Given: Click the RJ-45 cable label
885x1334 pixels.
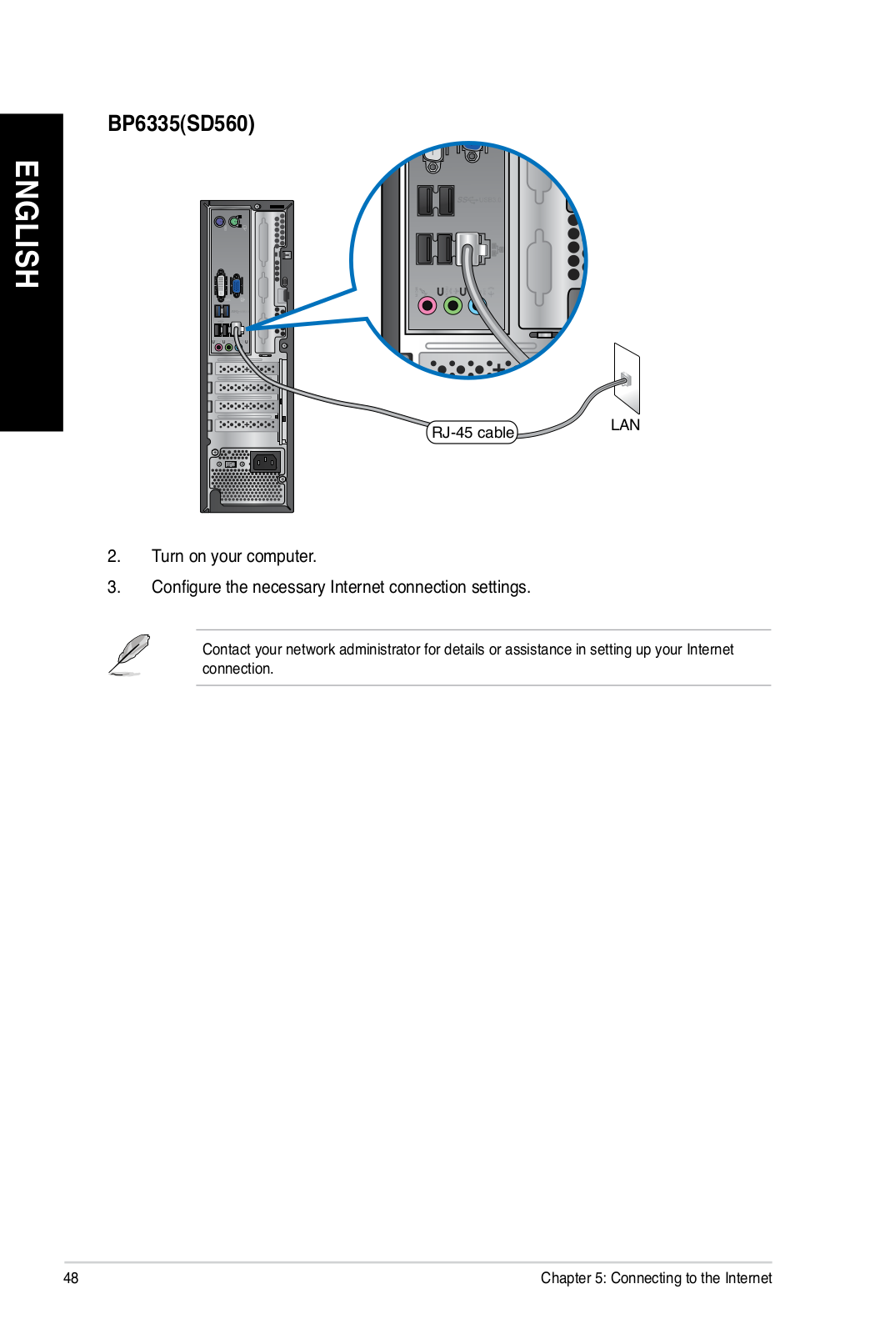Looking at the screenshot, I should click(472, 433).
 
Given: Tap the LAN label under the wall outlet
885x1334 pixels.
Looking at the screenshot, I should click(625, 425).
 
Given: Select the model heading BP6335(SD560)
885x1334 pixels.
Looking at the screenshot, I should click(181, 124).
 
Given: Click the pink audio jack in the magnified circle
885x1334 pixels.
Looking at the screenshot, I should click(427, 306).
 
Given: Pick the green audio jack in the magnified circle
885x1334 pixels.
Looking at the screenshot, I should click(452, 306).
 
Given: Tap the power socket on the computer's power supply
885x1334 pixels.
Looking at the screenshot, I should click(266, 461).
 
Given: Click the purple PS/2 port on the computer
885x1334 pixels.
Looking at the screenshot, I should click(220, 222).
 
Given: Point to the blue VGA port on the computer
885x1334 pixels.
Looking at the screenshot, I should click(237, 286).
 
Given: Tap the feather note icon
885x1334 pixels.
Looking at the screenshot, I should click(129, 654).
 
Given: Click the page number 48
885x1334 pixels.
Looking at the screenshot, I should click(71, 1278).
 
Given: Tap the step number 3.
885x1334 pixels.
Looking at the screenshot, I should click(113, 587).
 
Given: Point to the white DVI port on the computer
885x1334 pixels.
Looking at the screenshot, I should click(221, 285).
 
